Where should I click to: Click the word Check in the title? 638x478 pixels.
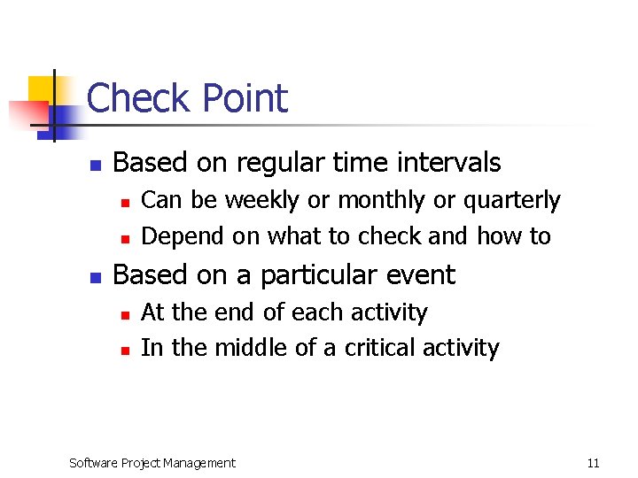point(136,98)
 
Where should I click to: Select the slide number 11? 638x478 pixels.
point(593,463)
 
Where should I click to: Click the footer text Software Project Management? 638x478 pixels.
point(152,463)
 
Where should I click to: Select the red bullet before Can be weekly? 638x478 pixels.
point(126,203)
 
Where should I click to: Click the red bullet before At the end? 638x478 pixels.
point(126,314)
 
